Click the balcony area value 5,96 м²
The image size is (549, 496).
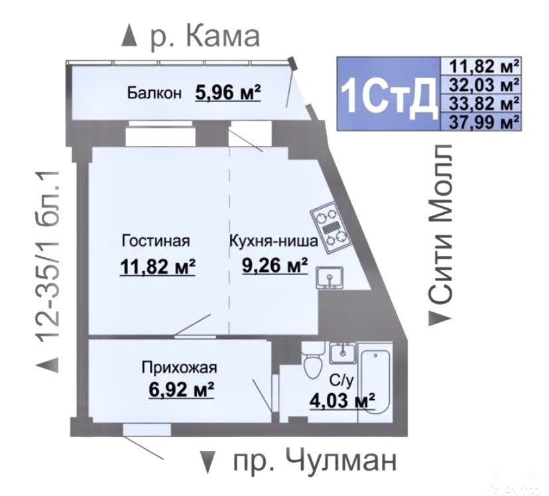(228, 92)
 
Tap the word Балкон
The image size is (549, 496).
(154, 93)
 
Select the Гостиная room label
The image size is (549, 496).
(156, 241)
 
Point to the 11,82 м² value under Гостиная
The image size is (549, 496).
(158, 267)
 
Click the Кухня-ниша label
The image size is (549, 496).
(274, 241)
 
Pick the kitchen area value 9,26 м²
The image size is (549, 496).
(275, 265)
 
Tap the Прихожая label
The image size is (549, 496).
(179, 368)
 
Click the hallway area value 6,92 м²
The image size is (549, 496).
(182, 390)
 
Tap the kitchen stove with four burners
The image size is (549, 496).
(330, 229)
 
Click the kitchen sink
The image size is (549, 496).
(330, 278)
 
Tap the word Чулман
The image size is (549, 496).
(341, 461)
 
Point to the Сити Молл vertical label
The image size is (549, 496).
(440, 224)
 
